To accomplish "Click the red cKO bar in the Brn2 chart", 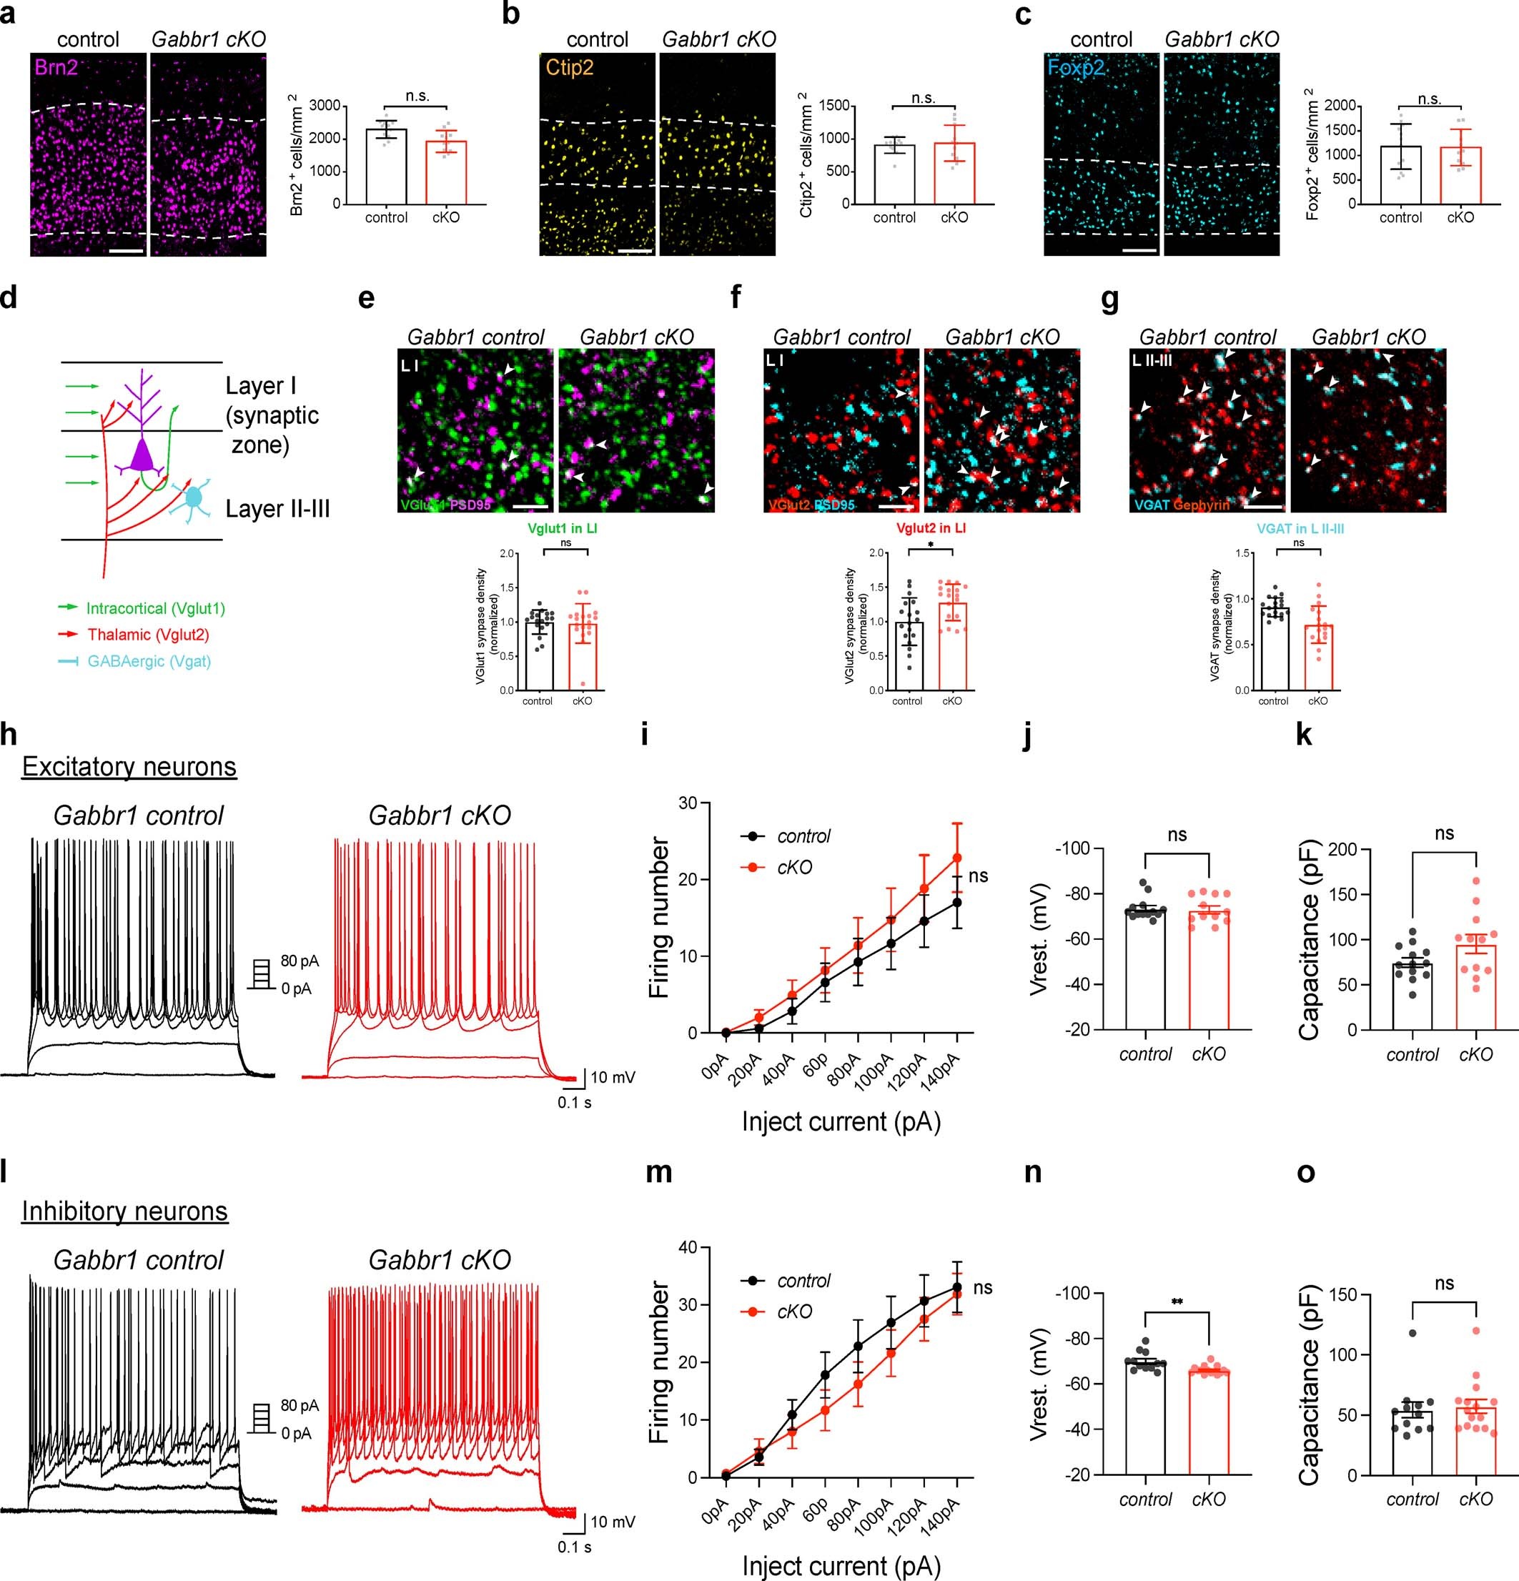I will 445,173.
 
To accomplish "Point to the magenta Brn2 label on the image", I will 56,68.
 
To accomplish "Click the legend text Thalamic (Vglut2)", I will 149,635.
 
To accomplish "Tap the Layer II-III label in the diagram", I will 277,509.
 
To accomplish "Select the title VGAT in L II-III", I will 1300,529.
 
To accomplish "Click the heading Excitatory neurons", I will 129,766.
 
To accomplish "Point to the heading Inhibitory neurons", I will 125,1211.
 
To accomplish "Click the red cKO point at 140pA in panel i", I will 956,858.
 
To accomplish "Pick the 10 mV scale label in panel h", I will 613,1077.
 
